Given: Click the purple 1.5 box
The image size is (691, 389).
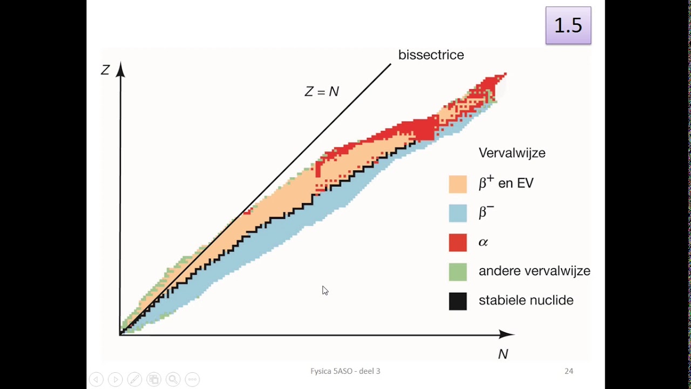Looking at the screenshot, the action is pos(568,25).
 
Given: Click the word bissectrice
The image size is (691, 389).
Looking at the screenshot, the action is pos(431,55).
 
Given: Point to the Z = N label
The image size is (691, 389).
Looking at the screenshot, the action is pos(322,91).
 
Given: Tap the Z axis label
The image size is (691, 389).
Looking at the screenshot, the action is pos(105,70).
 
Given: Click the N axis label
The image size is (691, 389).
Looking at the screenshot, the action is pos(503,354).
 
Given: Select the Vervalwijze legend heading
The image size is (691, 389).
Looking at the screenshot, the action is pos(512,153).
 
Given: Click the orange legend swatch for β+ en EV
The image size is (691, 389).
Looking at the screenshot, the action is pos(458,184).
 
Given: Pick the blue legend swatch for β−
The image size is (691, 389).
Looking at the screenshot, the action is pos(458,213).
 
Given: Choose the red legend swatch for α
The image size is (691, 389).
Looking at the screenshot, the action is pos(458,243).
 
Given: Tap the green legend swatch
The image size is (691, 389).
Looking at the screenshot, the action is pos(458,272).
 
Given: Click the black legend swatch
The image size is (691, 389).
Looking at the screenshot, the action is pos(458,301).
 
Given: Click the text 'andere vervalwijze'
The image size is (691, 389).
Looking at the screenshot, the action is pos(534,271).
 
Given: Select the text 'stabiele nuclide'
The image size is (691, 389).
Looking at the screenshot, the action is pos(526,300).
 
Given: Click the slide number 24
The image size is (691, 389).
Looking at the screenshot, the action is pos(569,371).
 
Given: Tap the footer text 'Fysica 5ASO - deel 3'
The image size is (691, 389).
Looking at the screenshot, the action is pos(345,371).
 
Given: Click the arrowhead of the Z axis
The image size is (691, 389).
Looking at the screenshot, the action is pos(120,63).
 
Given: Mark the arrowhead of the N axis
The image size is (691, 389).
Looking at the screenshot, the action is pos(513,334).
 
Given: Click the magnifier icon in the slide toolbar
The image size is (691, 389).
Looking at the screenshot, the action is pos(173,379).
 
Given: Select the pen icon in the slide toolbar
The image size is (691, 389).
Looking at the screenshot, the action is pos(134,379).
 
